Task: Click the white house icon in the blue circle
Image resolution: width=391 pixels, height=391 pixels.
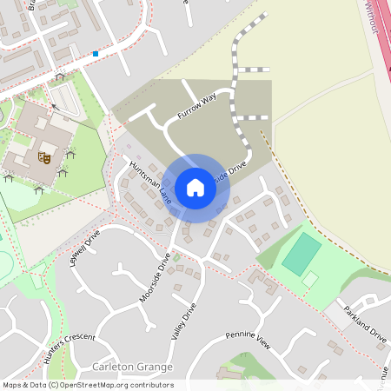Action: [x=195, y=188]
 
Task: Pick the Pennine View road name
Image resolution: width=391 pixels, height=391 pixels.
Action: [x=249, y=340]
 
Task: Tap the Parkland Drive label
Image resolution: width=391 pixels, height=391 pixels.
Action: [x=364, y=322]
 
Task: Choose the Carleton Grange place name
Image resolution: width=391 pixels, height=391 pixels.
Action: [x=132, y=368]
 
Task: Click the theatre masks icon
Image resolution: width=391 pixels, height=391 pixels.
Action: [x=41, y=157]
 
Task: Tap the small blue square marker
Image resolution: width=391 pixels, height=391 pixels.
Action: [x=96, y=54]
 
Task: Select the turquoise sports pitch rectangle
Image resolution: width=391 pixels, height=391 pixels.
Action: [x=302, y=253]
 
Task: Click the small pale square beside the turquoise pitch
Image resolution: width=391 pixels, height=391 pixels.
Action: [x=310, y=279]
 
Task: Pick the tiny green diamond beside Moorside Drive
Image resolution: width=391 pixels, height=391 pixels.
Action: [x=176, y=257]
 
